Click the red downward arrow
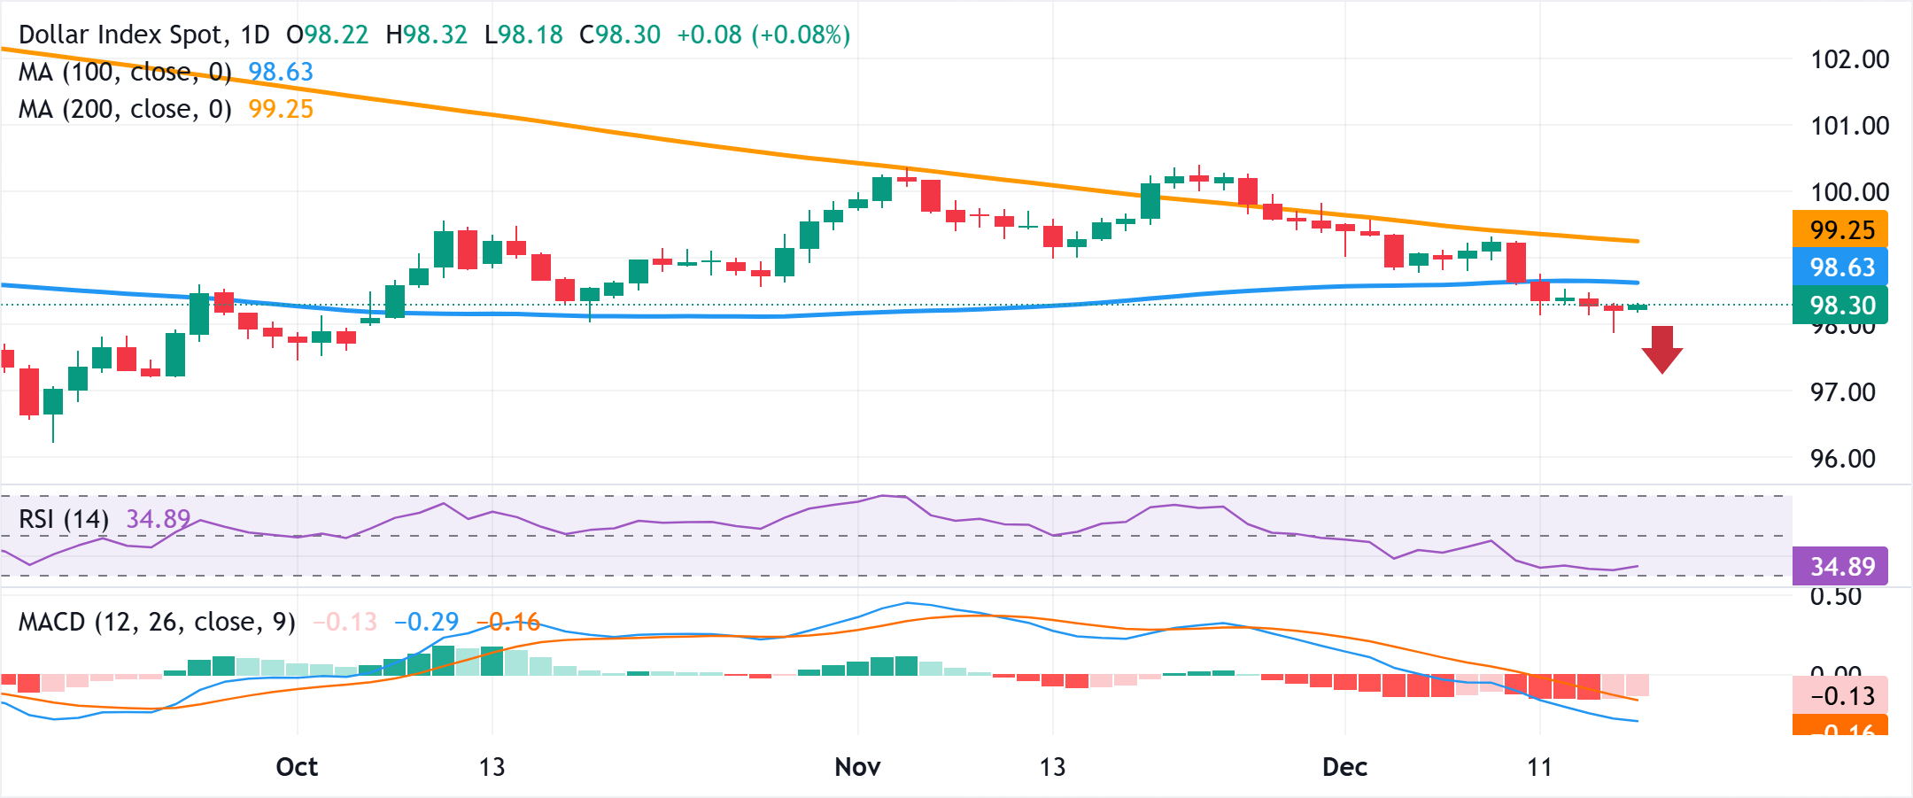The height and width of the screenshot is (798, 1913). pyautogui.click(x=1662, y=349)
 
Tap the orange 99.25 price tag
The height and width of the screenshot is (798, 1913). pyautogui.click(x=1840, y=230)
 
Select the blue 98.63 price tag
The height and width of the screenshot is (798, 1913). pyautogui.click(x=1840, y=267)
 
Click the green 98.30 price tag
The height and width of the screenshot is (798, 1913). pyautogui.click(x=1840, y=306)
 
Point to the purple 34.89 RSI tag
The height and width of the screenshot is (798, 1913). pyautogui.click(x=1840, y=567)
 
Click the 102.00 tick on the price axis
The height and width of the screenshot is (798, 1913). pyautogui.click(x=1849, y=60)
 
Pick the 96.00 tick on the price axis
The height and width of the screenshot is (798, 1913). pyautogui.click(x=1842, y=459)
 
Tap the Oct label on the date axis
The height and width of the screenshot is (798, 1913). pyautogui.click(x=297, y=767)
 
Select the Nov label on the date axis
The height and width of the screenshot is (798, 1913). pyautogui.click(x=857, y=767)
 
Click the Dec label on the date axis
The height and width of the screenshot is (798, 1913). pyautogui.click(x=1344, y=767)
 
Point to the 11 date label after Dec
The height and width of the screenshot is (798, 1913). pyautogui.click(x=1539, y=767)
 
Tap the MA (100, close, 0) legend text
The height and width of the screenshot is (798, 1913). pyautogui.click(x=125, y=73)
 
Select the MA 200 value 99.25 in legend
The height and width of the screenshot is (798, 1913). pyautogui.click(x=281, y=110)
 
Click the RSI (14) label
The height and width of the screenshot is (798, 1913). pyautogui.click(x=64, y=519)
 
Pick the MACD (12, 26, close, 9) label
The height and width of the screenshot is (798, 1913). pyautogui.click(x=157, y=623)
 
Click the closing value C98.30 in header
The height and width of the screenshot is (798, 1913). pyautogui.click(x=620, y=35)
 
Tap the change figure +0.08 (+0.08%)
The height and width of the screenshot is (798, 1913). pyautogui.click(x=763, y=35)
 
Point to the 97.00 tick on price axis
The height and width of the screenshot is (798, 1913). pyautogui.click(x=1842, y=392)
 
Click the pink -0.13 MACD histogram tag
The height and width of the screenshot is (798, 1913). pyautogui.click(x=1840, y=696)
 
